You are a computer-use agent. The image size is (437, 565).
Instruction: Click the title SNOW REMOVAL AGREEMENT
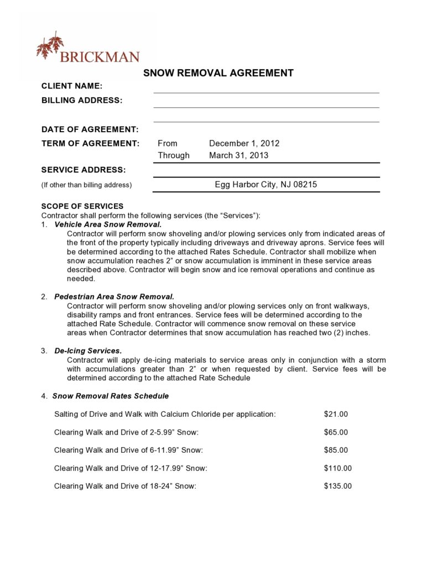[x=218, y=73]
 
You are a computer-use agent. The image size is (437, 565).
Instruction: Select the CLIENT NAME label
[x=72, y=86]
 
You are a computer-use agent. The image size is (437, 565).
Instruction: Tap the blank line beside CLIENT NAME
[x=266, y=88]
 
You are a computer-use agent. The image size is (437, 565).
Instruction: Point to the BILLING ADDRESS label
[x=82, y=101]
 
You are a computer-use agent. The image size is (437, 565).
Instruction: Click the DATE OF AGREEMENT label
[x=90, y=129]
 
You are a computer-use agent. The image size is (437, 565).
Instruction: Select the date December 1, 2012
[x=244, y=143]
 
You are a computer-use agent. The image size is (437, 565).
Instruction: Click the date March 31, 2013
[x=238, y=155]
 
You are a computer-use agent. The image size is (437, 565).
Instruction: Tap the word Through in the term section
[x=173, y=155]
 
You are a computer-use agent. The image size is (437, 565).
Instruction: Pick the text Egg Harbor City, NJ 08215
[x=266, y=185]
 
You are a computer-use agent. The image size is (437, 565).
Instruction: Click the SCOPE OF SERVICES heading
[x=82, y=206]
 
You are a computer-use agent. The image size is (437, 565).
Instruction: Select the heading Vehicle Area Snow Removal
[x=108, y=224]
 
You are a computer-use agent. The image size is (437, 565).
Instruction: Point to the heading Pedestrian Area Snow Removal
[x=114, y=297]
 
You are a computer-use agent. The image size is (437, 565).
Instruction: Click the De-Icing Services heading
[x=88, y=351]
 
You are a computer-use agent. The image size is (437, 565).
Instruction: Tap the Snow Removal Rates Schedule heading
[x=110, y=396]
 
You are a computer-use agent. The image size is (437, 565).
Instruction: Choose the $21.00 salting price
[x=336, y=414]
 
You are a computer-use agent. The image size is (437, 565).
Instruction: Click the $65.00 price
[x=336, y=432]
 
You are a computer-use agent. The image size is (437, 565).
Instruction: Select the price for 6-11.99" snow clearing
[x=336, y=450]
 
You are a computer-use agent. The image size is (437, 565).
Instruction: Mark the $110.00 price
[x=337, y=468]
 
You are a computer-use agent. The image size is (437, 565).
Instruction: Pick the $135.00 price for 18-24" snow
[x=337, y=486]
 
